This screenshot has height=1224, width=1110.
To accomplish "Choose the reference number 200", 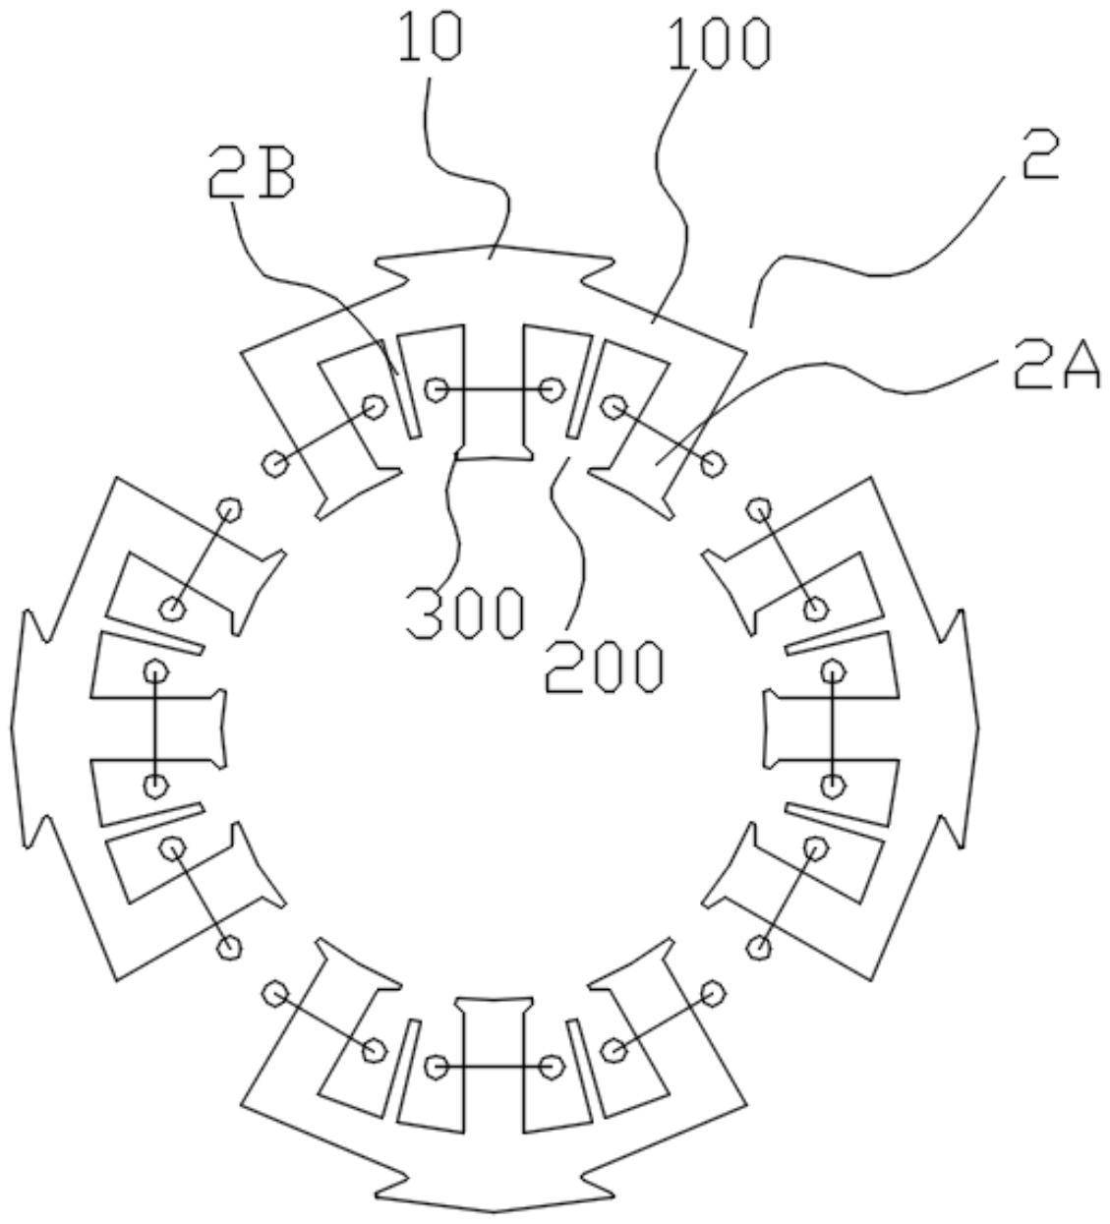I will [x=605, y=666].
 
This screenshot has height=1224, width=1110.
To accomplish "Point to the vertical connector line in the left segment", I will [x=155, y=729].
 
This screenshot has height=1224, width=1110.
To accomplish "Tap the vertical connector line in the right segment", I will [x=833, y=729].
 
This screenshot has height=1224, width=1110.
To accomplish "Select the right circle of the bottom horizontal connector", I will [x=552, y=1066].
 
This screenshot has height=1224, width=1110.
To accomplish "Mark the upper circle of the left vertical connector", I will [x=155, y=671].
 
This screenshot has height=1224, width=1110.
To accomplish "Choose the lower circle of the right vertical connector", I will [x=833, y=786].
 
